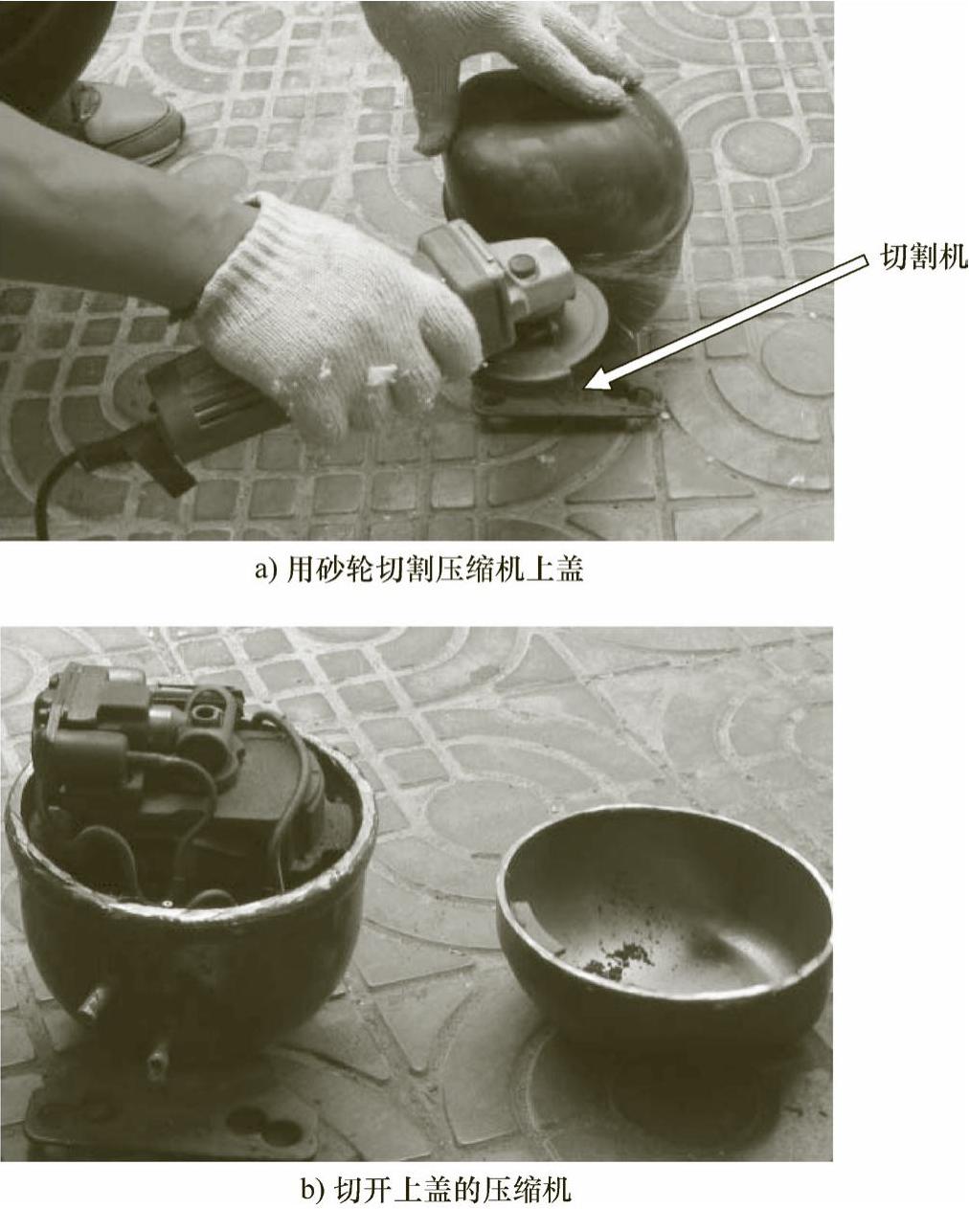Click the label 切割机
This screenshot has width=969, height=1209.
(923, 257)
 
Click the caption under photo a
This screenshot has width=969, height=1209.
(419, 570)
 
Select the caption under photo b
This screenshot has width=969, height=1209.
(436, 1184)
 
